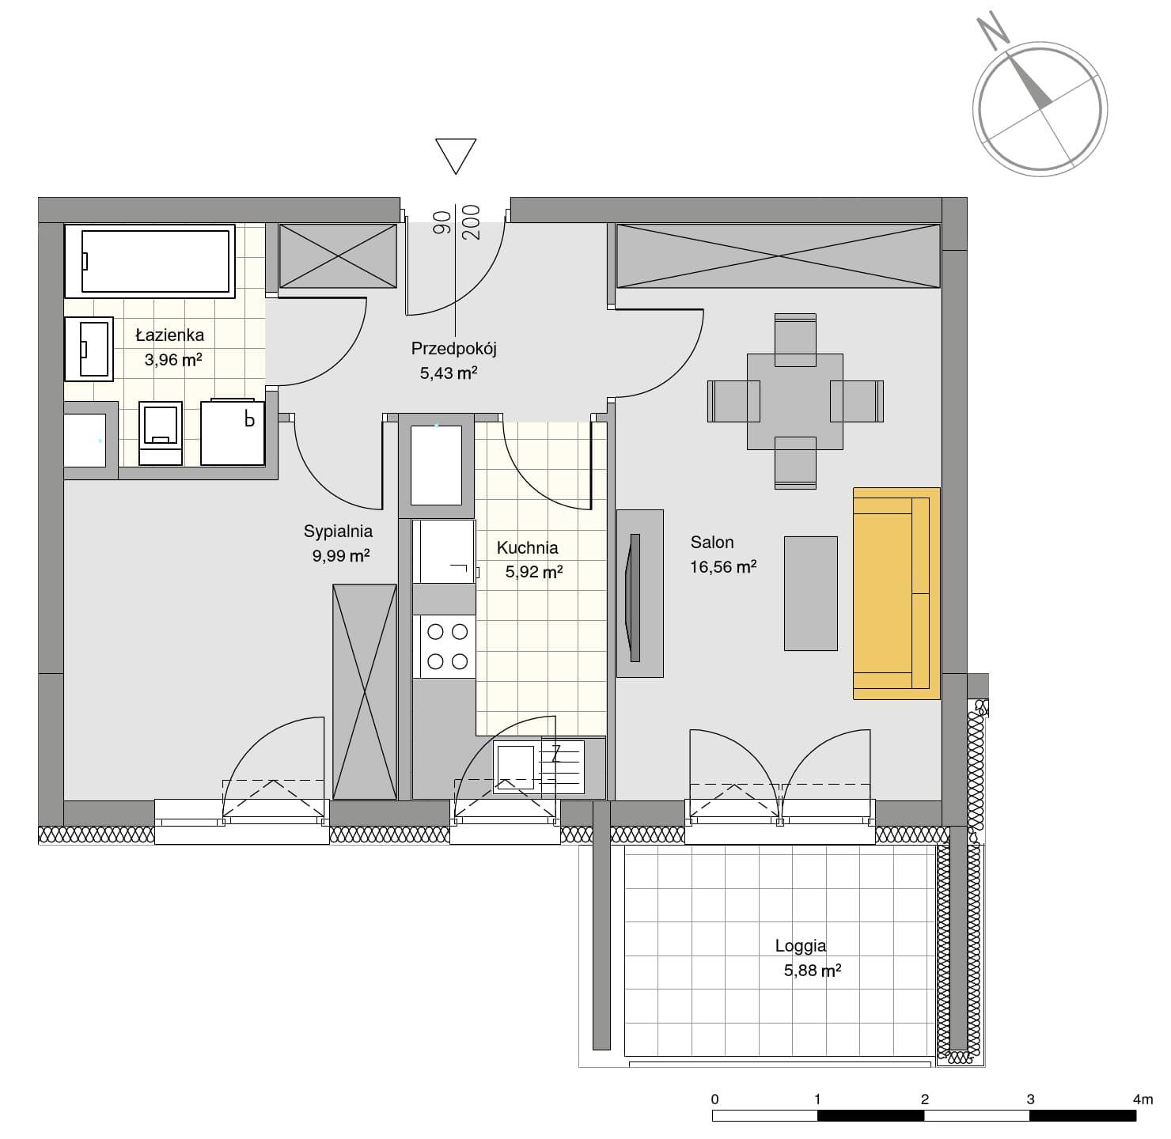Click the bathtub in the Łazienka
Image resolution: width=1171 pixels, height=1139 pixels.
(x=150, y=261)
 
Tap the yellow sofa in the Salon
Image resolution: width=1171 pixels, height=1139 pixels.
(x=896, y=593)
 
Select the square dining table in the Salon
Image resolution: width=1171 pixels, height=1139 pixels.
(x=794, y=401)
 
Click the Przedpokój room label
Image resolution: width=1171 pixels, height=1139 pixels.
(x=453, y=348)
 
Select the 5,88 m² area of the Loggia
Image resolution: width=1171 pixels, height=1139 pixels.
(x=812, y=970)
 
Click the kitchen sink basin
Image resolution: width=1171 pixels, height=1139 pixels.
(x=514, y=767)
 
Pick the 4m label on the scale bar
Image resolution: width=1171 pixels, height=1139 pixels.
(x=1143, y=1099)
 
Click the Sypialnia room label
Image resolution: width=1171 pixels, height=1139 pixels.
(x=338, y=532)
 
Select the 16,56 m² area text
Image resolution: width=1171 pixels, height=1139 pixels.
(x=722, y=567)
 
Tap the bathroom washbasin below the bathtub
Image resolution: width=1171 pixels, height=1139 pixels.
(x=89, y=349)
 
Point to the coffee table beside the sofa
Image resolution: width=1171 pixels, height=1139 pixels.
(x=810, y=593)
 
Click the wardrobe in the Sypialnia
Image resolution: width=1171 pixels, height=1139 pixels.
(x=365, y=692)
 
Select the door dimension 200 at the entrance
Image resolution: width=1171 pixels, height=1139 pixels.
(x=472, y=222)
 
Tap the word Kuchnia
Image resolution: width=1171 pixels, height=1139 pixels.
(x=527, y=547)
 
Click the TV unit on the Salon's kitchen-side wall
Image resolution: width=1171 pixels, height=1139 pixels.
(x=639, y=593)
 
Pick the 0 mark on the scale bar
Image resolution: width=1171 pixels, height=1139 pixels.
(x=714, y=1099)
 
